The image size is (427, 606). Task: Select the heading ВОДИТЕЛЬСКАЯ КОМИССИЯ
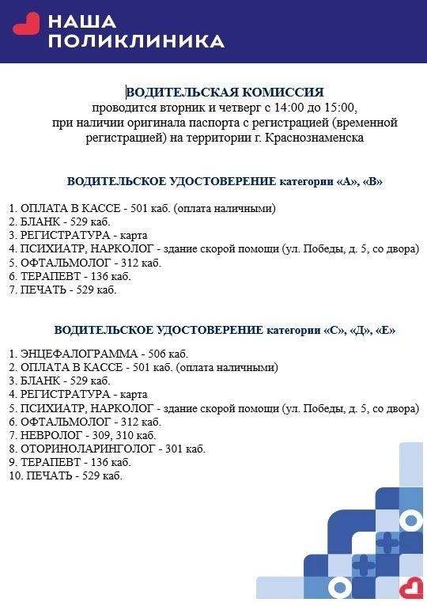tap(225, 92)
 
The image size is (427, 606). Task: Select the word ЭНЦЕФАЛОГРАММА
tap(74, 353)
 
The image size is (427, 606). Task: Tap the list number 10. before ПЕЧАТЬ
tap(15, 475)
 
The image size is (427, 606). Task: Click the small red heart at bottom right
tap(410, 587)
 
